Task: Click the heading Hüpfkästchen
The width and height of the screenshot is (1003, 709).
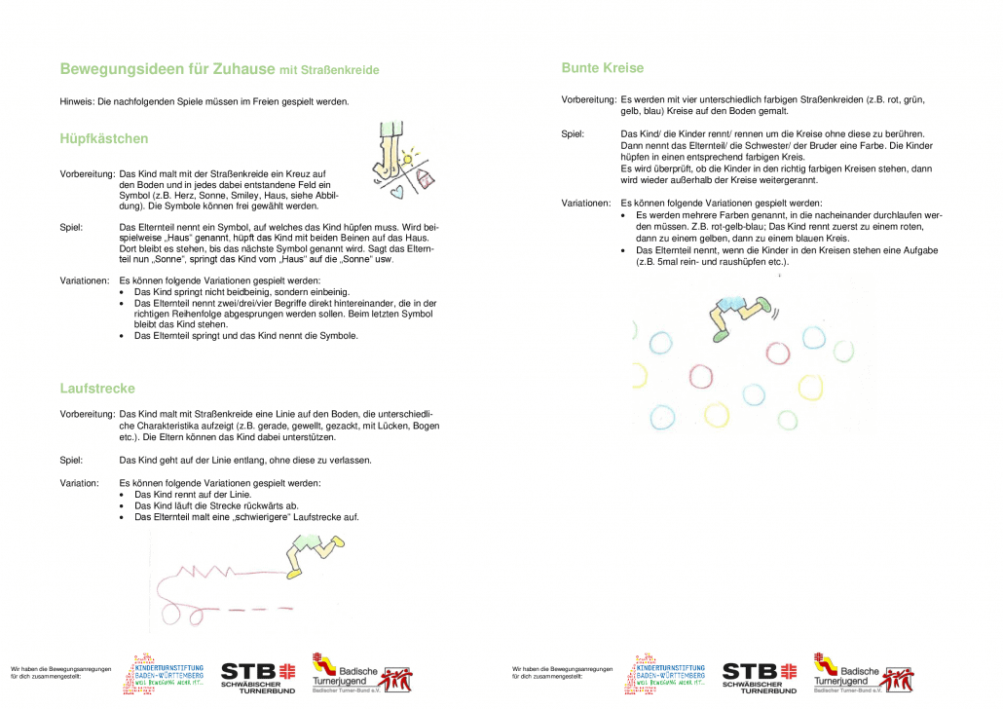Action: tap(104, 139)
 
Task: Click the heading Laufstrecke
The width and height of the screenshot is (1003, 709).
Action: tap(97, 389)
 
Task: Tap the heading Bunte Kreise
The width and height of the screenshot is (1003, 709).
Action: tap(603, 68)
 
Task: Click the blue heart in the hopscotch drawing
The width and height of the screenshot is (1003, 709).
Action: tap(395, 192)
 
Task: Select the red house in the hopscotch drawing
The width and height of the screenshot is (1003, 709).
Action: tap(425, 177)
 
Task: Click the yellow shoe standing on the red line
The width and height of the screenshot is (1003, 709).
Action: tap(293, 574)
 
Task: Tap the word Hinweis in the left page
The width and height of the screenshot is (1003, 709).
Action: tap(76, 102)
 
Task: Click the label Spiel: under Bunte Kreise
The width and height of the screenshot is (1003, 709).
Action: tap(573, 133)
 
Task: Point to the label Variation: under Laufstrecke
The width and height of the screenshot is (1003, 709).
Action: tap(79, 483)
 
